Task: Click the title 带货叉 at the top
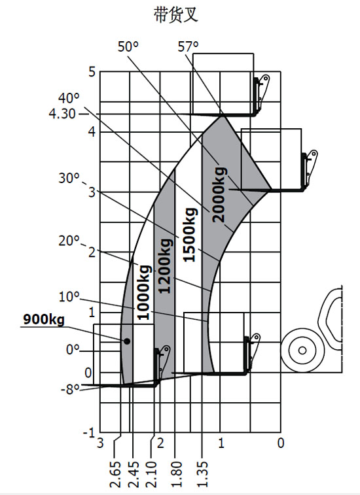(x=175, y=15)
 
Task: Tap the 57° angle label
(x=188, y=46)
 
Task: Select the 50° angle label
(x=128, y=46)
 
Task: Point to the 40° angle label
(x=69, y=98)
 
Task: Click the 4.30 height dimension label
(x=62, y=114)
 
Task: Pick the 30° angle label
(x=69, y=179)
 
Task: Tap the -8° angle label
(x=70, y=389)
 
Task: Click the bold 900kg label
(x=44, y=320)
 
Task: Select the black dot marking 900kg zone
(x=127, y=341)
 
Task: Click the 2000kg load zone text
(x=219, y=194)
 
